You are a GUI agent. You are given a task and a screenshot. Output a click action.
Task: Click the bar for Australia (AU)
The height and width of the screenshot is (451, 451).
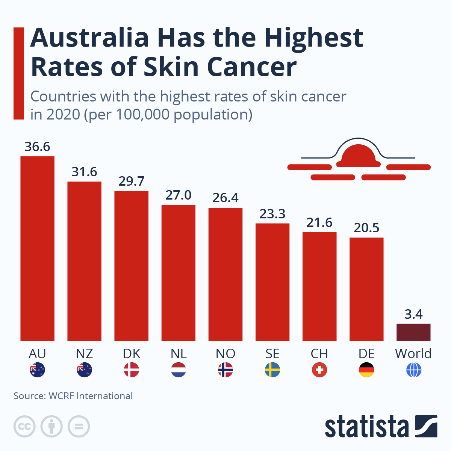tap(38, 248)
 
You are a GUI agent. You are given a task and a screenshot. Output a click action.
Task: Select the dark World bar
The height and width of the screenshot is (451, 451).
tap(413, 332)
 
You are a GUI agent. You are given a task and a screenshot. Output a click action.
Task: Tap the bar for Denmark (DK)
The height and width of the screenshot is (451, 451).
tap(131, 266)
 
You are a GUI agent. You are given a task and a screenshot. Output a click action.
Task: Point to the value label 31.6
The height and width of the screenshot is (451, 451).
tap(84, 172)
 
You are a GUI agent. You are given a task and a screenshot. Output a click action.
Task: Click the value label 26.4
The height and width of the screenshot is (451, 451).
tap(225, 198)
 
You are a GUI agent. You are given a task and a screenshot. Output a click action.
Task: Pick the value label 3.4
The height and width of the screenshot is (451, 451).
tap(413, 314)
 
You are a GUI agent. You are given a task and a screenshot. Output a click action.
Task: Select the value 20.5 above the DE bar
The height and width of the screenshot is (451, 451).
tap(366, 228)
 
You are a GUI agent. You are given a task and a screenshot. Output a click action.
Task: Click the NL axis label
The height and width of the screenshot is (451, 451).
tap(179, 354)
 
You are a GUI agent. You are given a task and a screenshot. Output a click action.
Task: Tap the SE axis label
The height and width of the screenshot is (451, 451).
tap(272, 354)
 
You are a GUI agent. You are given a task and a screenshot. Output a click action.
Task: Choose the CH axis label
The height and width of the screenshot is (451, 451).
tap(319, 354)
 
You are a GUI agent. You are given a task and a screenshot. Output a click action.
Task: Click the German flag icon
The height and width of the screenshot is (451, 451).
tap(366, 370)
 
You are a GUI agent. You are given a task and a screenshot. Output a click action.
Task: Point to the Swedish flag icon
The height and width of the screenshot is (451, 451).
tap(272, 370)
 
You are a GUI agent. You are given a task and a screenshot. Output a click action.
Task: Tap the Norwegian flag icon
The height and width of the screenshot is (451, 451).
tap(225, 370)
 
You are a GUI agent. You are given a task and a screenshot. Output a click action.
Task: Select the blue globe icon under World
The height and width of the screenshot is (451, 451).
tap(414, 370)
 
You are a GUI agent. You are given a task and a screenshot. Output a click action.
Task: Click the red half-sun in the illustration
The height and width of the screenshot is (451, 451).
tap(358, 156)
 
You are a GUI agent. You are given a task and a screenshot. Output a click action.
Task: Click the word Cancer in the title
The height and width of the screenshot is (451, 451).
tap(251, 67)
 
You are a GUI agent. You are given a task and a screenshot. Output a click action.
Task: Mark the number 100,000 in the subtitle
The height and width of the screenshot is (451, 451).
tap(142, 115)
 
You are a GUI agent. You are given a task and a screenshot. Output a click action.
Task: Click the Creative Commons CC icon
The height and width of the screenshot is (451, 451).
tap(24, 427)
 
